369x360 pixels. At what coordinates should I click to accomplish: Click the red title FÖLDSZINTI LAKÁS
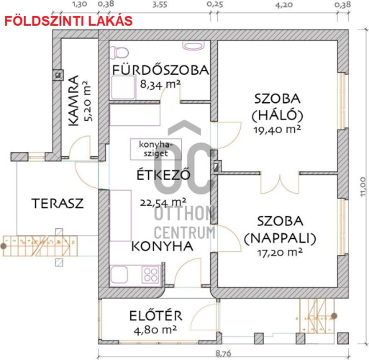coord(68,21)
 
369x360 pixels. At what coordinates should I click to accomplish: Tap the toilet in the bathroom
coord(119,53)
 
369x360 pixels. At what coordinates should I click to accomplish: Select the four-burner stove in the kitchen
coord(151,274)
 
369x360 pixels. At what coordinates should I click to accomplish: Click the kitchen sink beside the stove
coord(119,274)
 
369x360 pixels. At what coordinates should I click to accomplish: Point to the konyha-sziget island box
coord(156,149)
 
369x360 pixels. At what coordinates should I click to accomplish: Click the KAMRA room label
coord(73,100)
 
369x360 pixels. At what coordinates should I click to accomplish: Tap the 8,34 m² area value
coord(160,84)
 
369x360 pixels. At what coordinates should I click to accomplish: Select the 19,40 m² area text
coord(278,130)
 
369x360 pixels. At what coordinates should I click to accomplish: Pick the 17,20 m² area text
coord(280,252)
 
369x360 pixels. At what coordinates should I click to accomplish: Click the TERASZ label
coord(58,203)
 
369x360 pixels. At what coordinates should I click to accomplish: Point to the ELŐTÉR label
coord(156,315)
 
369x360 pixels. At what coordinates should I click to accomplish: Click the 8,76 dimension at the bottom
coord(223,354)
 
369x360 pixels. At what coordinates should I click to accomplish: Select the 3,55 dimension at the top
coord(160,4)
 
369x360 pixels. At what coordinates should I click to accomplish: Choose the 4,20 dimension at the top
coord(284,4)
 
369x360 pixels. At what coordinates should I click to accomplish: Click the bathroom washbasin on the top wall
coord(193,45)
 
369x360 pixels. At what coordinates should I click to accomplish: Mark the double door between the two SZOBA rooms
coord(280,182)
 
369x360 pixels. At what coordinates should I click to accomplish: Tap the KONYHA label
coord(163,246)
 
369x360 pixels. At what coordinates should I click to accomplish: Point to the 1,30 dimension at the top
coord(79,4)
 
